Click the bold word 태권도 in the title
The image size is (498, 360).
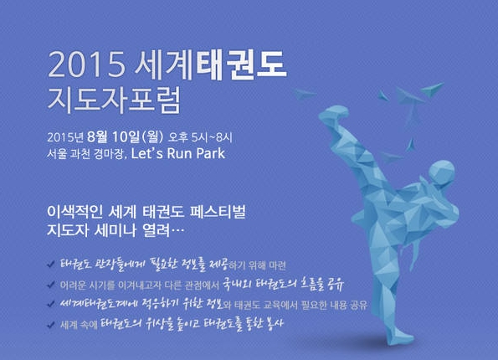(x=241, y=65)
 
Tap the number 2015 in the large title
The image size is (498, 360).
(x=86, y=65)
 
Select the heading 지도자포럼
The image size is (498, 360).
(x=114, y=100)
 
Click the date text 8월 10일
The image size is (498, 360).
(x=113, y=136)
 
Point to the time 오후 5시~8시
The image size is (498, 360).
(x=200, y=137)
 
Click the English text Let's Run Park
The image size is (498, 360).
(x=178, y=153)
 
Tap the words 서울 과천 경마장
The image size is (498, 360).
(x=85, y=154)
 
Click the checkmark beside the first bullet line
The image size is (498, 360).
(x=51, y=265)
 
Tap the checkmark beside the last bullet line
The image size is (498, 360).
(x=51, y=325)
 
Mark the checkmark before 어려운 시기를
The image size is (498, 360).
(x=51, y=285)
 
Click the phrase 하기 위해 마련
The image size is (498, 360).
(x=257, y=265)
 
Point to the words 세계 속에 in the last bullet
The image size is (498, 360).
(x=79, y=325)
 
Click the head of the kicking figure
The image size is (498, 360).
(x=441, y=172)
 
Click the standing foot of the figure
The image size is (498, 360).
(x=398, y=337)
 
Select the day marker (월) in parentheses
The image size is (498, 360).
(x=153, y=137)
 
